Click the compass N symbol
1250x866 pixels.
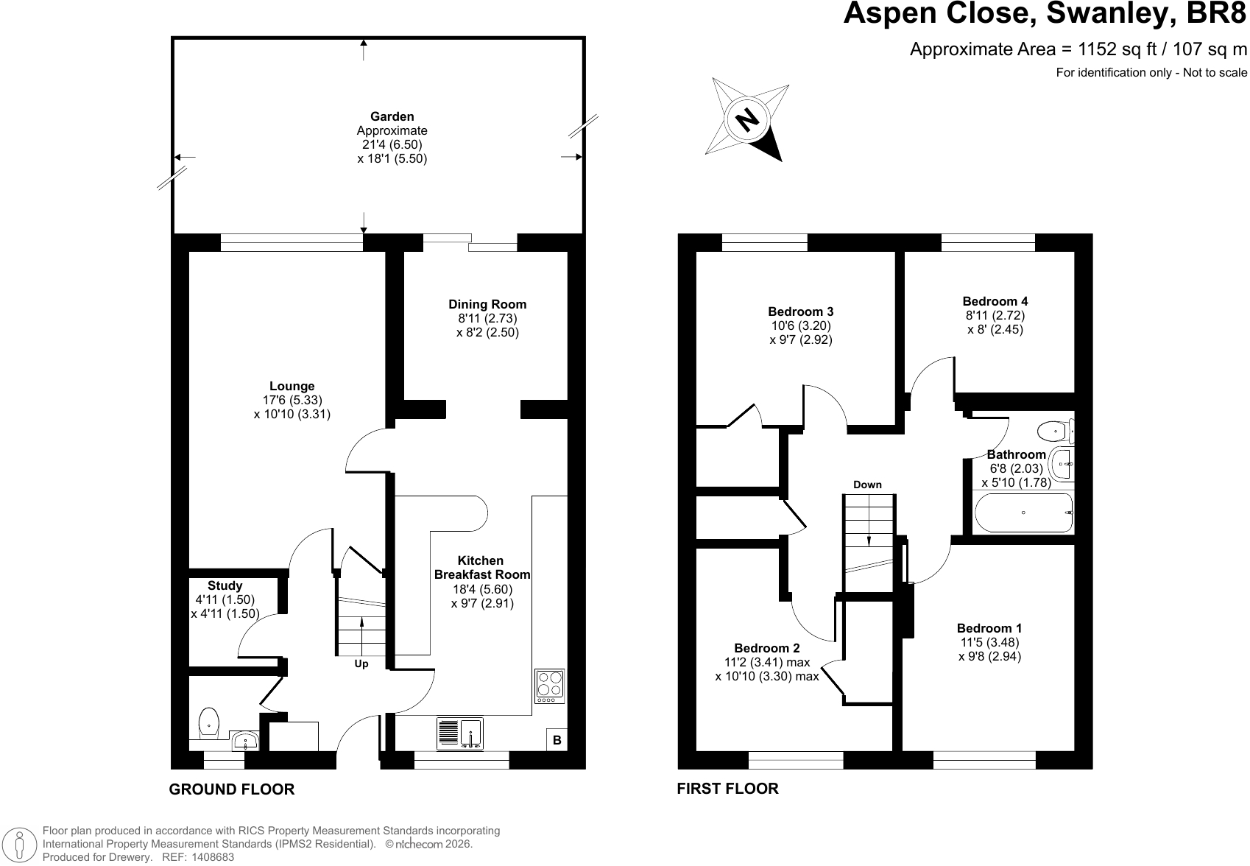click(746, 119)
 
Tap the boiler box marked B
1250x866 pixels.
click(557, 740)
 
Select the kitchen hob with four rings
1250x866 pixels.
click(550, 686)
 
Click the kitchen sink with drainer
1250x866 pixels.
click(460, 733)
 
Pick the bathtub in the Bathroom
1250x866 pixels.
click(1023, 513)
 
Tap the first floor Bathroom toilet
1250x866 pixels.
click(1056, 431)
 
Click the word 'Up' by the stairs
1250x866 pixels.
click(361, 664)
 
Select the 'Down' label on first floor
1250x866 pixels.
click(867, 485)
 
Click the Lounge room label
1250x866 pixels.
click(292, 386)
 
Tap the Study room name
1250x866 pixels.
click(225, 585)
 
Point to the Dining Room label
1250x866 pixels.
click(488, 304)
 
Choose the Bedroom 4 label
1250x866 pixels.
click(995, 301)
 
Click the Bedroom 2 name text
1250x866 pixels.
click(767, 648)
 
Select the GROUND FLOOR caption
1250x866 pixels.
click(232, 789)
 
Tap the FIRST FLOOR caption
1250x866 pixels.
click(727, 789)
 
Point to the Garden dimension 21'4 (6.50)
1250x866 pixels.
click(392, 144)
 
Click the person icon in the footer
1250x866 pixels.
click(20, 845)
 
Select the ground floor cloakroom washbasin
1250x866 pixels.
click(244, 740)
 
